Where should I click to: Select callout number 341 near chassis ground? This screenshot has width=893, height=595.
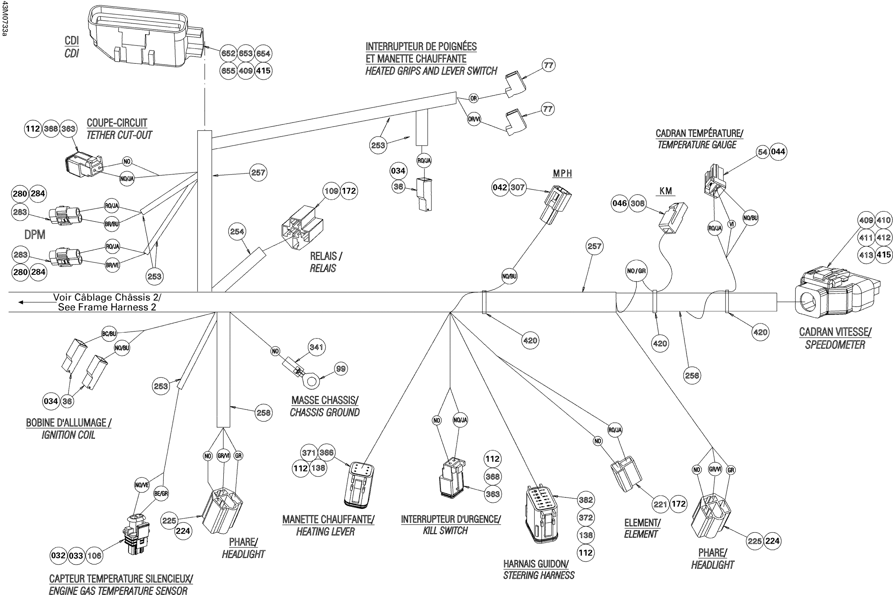[x=316, y=347]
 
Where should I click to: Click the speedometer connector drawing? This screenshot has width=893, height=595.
[x=835, y=294]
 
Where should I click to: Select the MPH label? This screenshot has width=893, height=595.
[x=562, y=174]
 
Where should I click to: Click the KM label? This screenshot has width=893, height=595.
[x=666, y=191]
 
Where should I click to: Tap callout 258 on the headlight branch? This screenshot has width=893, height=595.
[x=263, y=413]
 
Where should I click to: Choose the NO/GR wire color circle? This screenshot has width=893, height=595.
[x=636, y=271]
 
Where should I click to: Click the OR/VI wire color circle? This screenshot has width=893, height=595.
[x=474, y=119]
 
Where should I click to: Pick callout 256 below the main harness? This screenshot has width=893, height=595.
[x=691, y=375]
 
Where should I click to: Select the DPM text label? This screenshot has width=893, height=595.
[x=35, y=235]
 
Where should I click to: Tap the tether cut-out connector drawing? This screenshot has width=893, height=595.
[x=83, y=165]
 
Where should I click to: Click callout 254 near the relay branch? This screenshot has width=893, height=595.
[x=237, y=232]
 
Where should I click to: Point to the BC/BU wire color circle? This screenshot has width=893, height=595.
[x=109, y=334]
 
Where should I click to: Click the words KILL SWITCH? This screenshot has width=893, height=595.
[x=445, y=530]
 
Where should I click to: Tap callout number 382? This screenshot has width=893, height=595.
[x=585, y=500]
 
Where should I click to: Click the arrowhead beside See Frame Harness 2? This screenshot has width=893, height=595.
[x=21, y=302]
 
